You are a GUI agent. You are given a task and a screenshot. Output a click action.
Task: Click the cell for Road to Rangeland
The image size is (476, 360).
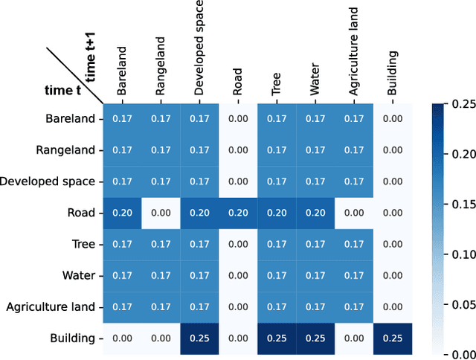click(x=161, y=213)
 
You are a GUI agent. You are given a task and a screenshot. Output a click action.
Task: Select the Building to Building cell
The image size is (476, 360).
click(x=393, y=338)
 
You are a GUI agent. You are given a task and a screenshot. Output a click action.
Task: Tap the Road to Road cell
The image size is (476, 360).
click(x=238, y=213)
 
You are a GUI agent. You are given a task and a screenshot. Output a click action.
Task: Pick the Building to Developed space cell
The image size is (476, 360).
click(x=199, y=338)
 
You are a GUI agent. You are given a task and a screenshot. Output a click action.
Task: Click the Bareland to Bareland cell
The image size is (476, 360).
click(x=122, y=118)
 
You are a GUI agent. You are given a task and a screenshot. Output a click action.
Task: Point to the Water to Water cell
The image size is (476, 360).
click(x=315, y=275)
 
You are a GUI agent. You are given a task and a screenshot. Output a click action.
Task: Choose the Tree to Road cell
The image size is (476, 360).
click(x=238, y=244)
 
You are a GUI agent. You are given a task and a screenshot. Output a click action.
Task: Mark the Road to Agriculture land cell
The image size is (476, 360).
click(x=354, y=213)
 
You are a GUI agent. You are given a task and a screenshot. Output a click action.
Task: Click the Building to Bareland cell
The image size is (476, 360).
click(x=122, y=338)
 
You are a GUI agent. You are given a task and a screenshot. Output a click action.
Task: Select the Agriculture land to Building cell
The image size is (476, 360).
click(x=393, y=306)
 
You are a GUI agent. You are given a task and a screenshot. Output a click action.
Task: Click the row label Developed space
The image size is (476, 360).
click(x=48, y=181)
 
